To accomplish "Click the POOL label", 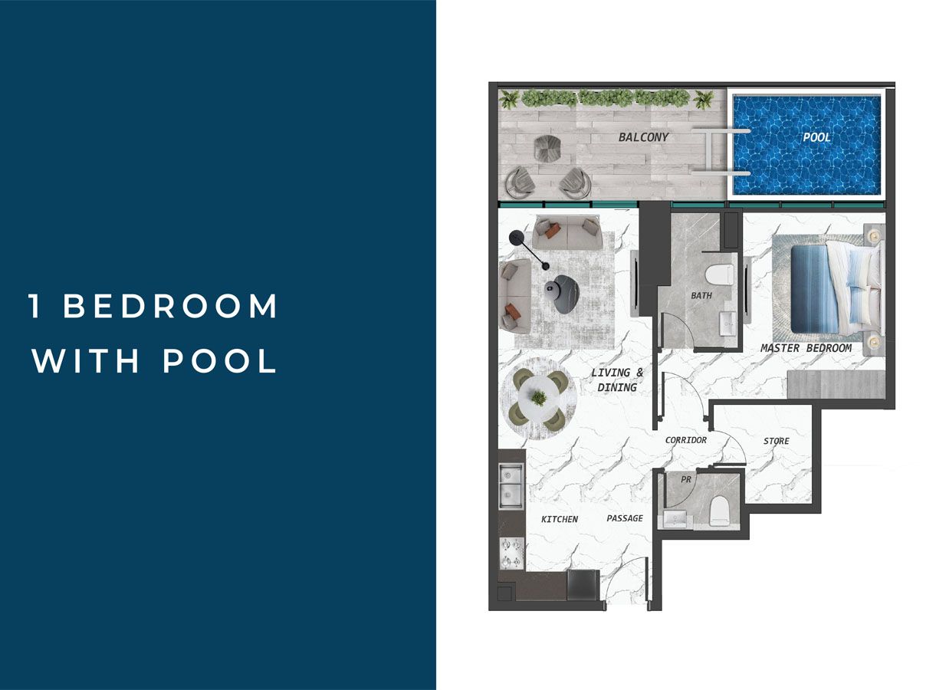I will (816, 137).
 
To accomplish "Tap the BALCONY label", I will (643, 137).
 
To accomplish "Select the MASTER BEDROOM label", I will (806, 348).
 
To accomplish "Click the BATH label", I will (701, 295).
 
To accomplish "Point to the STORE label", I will (776, 441).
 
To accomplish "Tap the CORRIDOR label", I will (685, 440).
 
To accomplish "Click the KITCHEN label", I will (560, 519).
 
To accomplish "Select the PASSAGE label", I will (625, 518).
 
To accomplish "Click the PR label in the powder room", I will (686, 479).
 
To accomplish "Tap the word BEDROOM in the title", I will (170, 307).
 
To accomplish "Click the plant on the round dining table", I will (539, 398).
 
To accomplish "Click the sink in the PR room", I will (677, 521).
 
